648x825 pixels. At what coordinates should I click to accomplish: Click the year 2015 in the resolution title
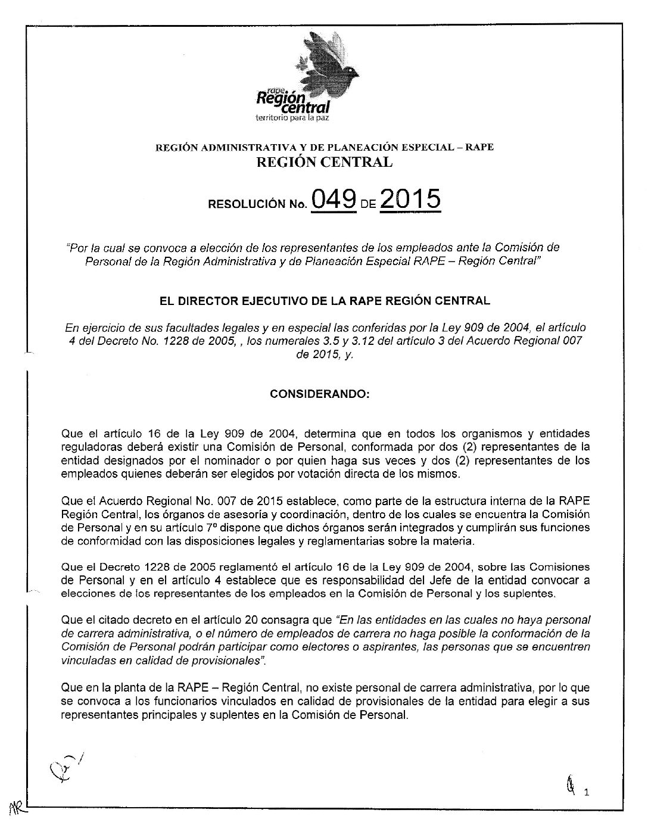coord(410,200)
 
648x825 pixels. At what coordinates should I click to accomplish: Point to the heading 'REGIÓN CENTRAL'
coord(323,162)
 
